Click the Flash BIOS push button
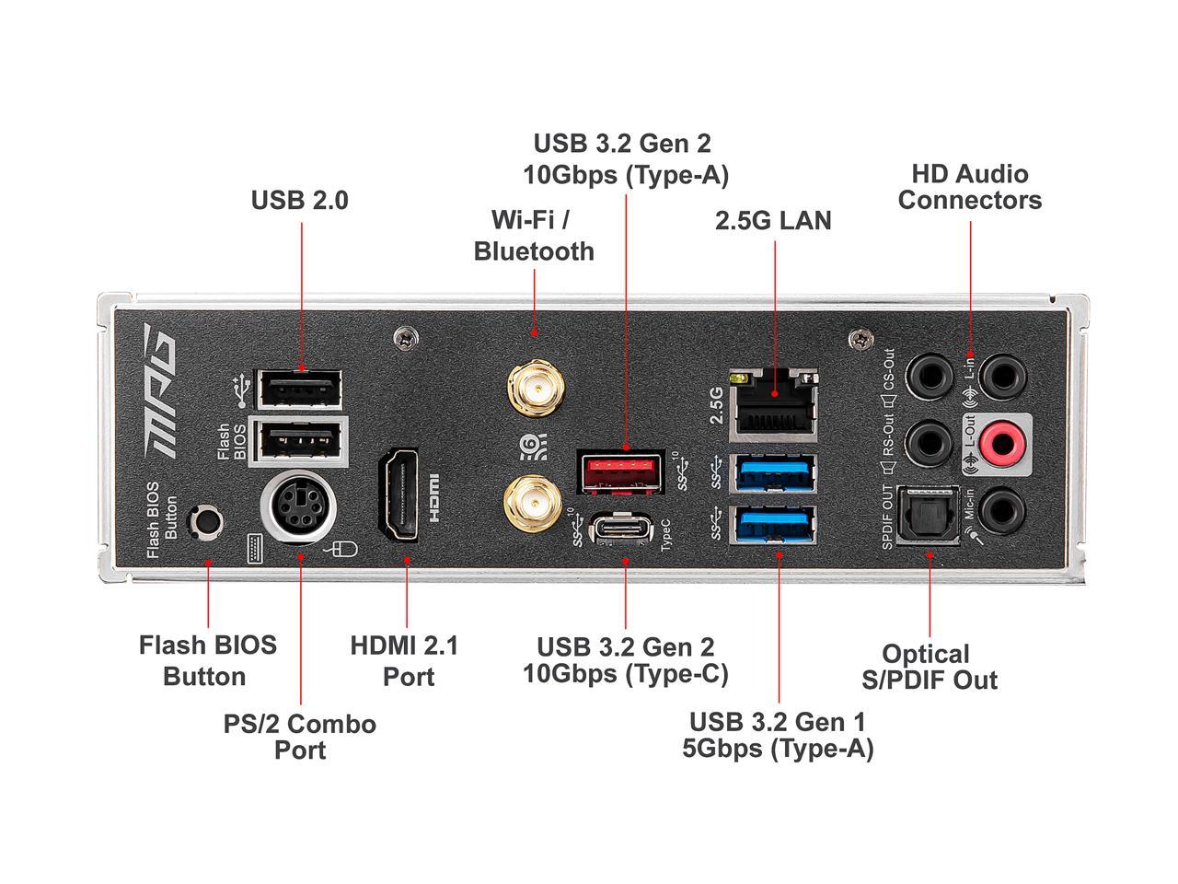205,520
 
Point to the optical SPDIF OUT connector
928,518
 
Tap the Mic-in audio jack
1001,509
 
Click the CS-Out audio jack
929,377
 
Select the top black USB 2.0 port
299,389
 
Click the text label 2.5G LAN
773,221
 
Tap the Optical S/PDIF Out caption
928,667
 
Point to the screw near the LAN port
858,339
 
